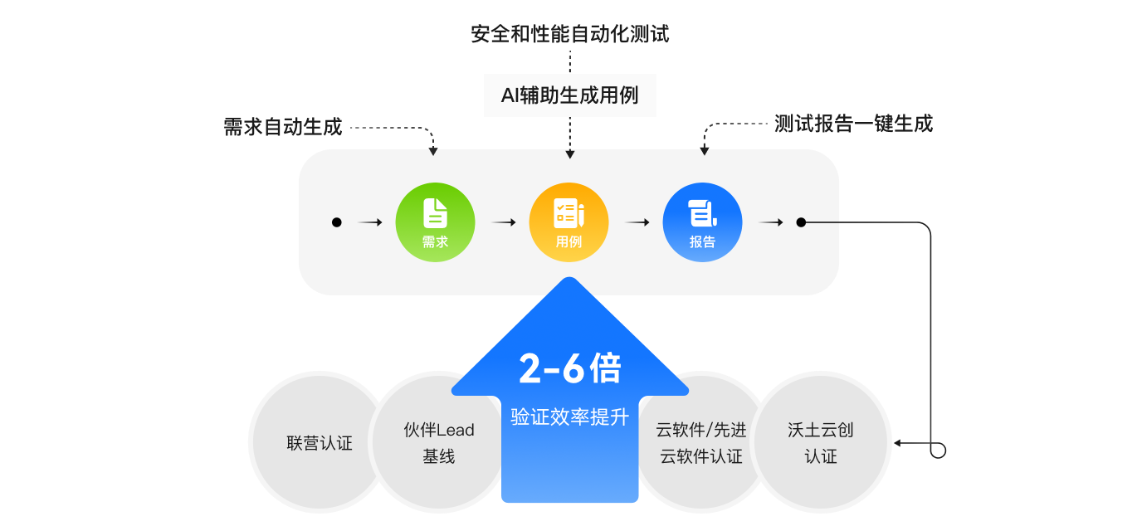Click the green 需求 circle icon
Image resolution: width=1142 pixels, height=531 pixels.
(435, 222)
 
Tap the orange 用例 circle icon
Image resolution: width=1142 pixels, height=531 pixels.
(569, 222)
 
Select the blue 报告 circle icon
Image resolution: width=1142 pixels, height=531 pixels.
(702, 222)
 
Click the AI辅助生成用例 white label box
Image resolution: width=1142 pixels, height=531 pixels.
(569, 95)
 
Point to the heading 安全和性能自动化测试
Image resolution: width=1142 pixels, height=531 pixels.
(569, 34)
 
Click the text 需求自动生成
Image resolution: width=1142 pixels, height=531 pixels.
(282, 128)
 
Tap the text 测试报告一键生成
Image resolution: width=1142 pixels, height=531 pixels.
(853, 124)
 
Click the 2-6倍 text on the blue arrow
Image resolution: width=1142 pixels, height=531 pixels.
(569, 369)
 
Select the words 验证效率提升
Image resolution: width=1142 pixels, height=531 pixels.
(569, 417)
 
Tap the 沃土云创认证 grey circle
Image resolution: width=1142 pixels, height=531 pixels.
(821, 443)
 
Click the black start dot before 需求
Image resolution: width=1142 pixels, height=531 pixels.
(337, 222)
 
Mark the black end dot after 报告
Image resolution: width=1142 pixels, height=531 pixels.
(801, 222)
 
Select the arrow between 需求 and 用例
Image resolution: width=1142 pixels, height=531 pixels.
(503, 222)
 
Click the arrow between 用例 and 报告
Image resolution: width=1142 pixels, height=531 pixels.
(637, 222)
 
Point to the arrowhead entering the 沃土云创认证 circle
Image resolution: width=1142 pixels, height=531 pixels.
(899, 443)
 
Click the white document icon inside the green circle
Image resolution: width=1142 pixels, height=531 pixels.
(435, 212)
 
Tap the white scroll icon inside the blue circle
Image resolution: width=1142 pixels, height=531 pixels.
(702, 212)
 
